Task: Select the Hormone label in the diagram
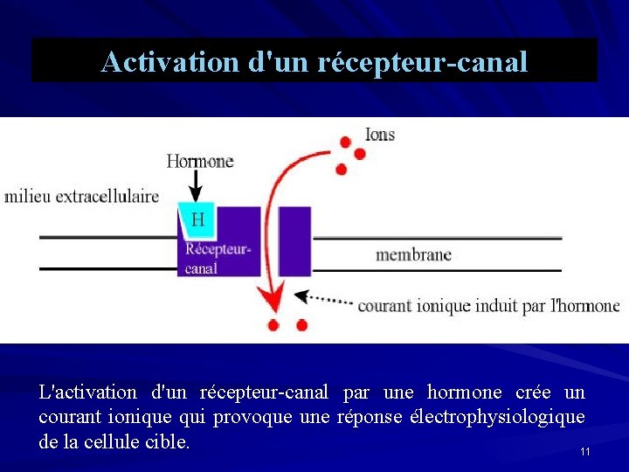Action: point(200,161)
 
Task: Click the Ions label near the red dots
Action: point(379,135)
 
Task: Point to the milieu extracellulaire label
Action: point(82,196)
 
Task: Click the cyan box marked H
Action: point(197,219)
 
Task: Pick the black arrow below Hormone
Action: point(197,185)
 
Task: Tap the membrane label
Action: point(413,255)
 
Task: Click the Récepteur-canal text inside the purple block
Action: point(218,259)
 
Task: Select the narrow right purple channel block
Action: point(295,241)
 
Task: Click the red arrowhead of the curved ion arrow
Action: point(275,301)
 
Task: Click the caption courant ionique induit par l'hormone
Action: point(488,306)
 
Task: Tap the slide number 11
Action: point(584,452)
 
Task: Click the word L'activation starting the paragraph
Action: point(88,392)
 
